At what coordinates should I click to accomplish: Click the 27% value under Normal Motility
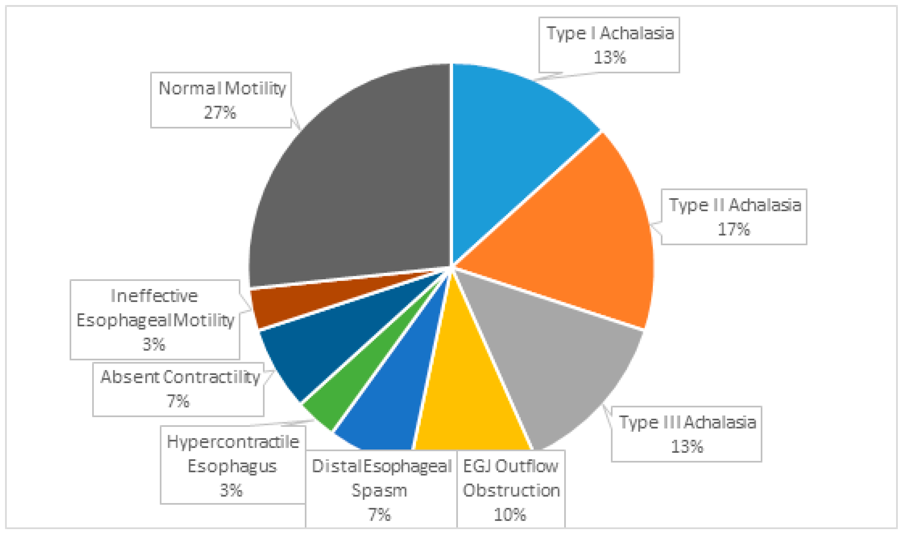pyautogui.click(x=220, y=113)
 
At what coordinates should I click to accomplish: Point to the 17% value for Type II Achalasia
pyautogui.click(x=734, y=229)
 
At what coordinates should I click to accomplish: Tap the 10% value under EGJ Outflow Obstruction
pyautogui.click(x=510, y=515)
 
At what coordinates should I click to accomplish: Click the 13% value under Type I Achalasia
pyautogui.click(x=610, y=57)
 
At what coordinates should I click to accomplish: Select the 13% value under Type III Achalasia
pyautogui.click(x=687, y=447)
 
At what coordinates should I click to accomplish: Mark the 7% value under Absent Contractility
pyautogui.click(x=178, y=401)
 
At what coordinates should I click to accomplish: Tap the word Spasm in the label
pyautogui.click(x=379, y=491)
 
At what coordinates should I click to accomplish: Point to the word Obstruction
pyautogui.click(x=511, y=491)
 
